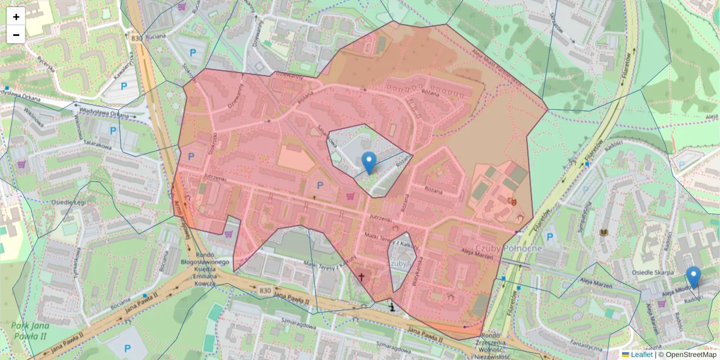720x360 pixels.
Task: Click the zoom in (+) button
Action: tap(16, 17)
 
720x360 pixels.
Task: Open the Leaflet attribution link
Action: tap(641, 355)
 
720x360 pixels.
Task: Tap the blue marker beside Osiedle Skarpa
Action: tap(694, 278)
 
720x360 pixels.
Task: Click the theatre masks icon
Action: tap(511, 201)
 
